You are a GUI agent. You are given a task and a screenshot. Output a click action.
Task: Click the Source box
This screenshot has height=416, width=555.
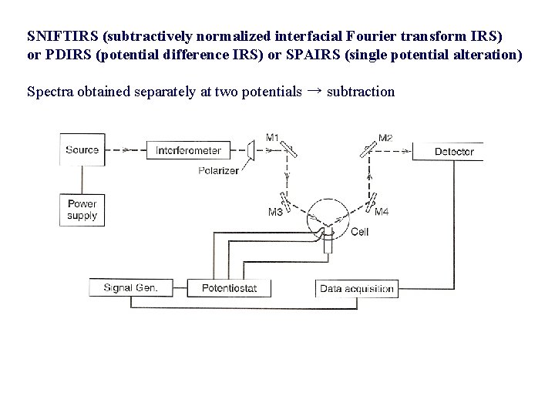82,149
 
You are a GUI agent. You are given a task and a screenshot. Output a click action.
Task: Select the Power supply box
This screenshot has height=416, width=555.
82,210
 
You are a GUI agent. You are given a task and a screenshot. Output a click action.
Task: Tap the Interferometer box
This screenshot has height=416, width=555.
188,150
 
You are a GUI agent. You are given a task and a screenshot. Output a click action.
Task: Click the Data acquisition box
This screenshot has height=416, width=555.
357,290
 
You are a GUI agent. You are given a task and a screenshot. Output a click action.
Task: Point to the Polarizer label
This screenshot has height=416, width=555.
217,169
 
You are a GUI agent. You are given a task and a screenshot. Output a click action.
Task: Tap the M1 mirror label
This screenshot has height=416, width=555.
272,137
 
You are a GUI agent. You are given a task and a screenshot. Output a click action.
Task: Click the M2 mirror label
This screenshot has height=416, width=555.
385,137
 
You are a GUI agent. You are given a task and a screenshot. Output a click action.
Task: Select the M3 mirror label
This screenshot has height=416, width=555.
275,211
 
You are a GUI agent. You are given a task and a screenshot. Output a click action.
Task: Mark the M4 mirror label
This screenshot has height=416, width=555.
382,211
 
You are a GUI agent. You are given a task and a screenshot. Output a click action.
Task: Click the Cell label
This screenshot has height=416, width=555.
359,231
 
